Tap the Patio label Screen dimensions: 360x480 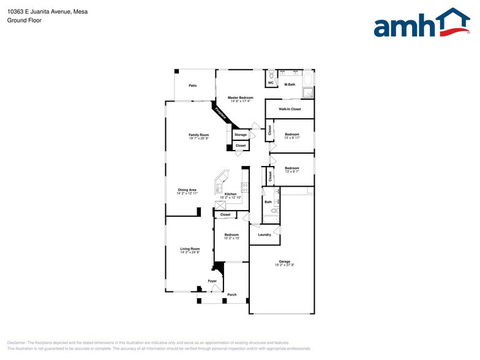(x=192, y=86)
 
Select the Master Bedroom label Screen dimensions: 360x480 (x=240, y=98)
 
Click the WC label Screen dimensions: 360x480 (x=271, y=83)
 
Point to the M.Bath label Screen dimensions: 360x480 (x=290, y=84)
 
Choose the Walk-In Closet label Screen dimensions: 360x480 (x=290, y=109)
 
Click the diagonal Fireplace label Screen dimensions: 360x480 (x=220, y=113)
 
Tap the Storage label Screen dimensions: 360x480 (x=241, y=135)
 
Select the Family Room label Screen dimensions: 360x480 (x=198, y=135)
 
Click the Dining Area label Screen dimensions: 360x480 (x=187, y=190)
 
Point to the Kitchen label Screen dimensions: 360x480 (x=230, y=194)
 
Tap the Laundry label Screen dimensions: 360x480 (x=264, y=234)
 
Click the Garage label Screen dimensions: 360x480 (x=285, y=261)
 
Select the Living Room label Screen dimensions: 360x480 (x=190, y=249)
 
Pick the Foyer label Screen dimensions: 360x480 (x=212, y=281)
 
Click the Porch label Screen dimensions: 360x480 (x=232, y=295)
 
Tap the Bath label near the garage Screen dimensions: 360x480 (x=268, y=201)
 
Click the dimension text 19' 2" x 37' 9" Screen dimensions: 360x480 (x=285, y=265)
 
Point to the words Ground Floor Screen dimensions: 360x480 (x=24, y=20)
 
